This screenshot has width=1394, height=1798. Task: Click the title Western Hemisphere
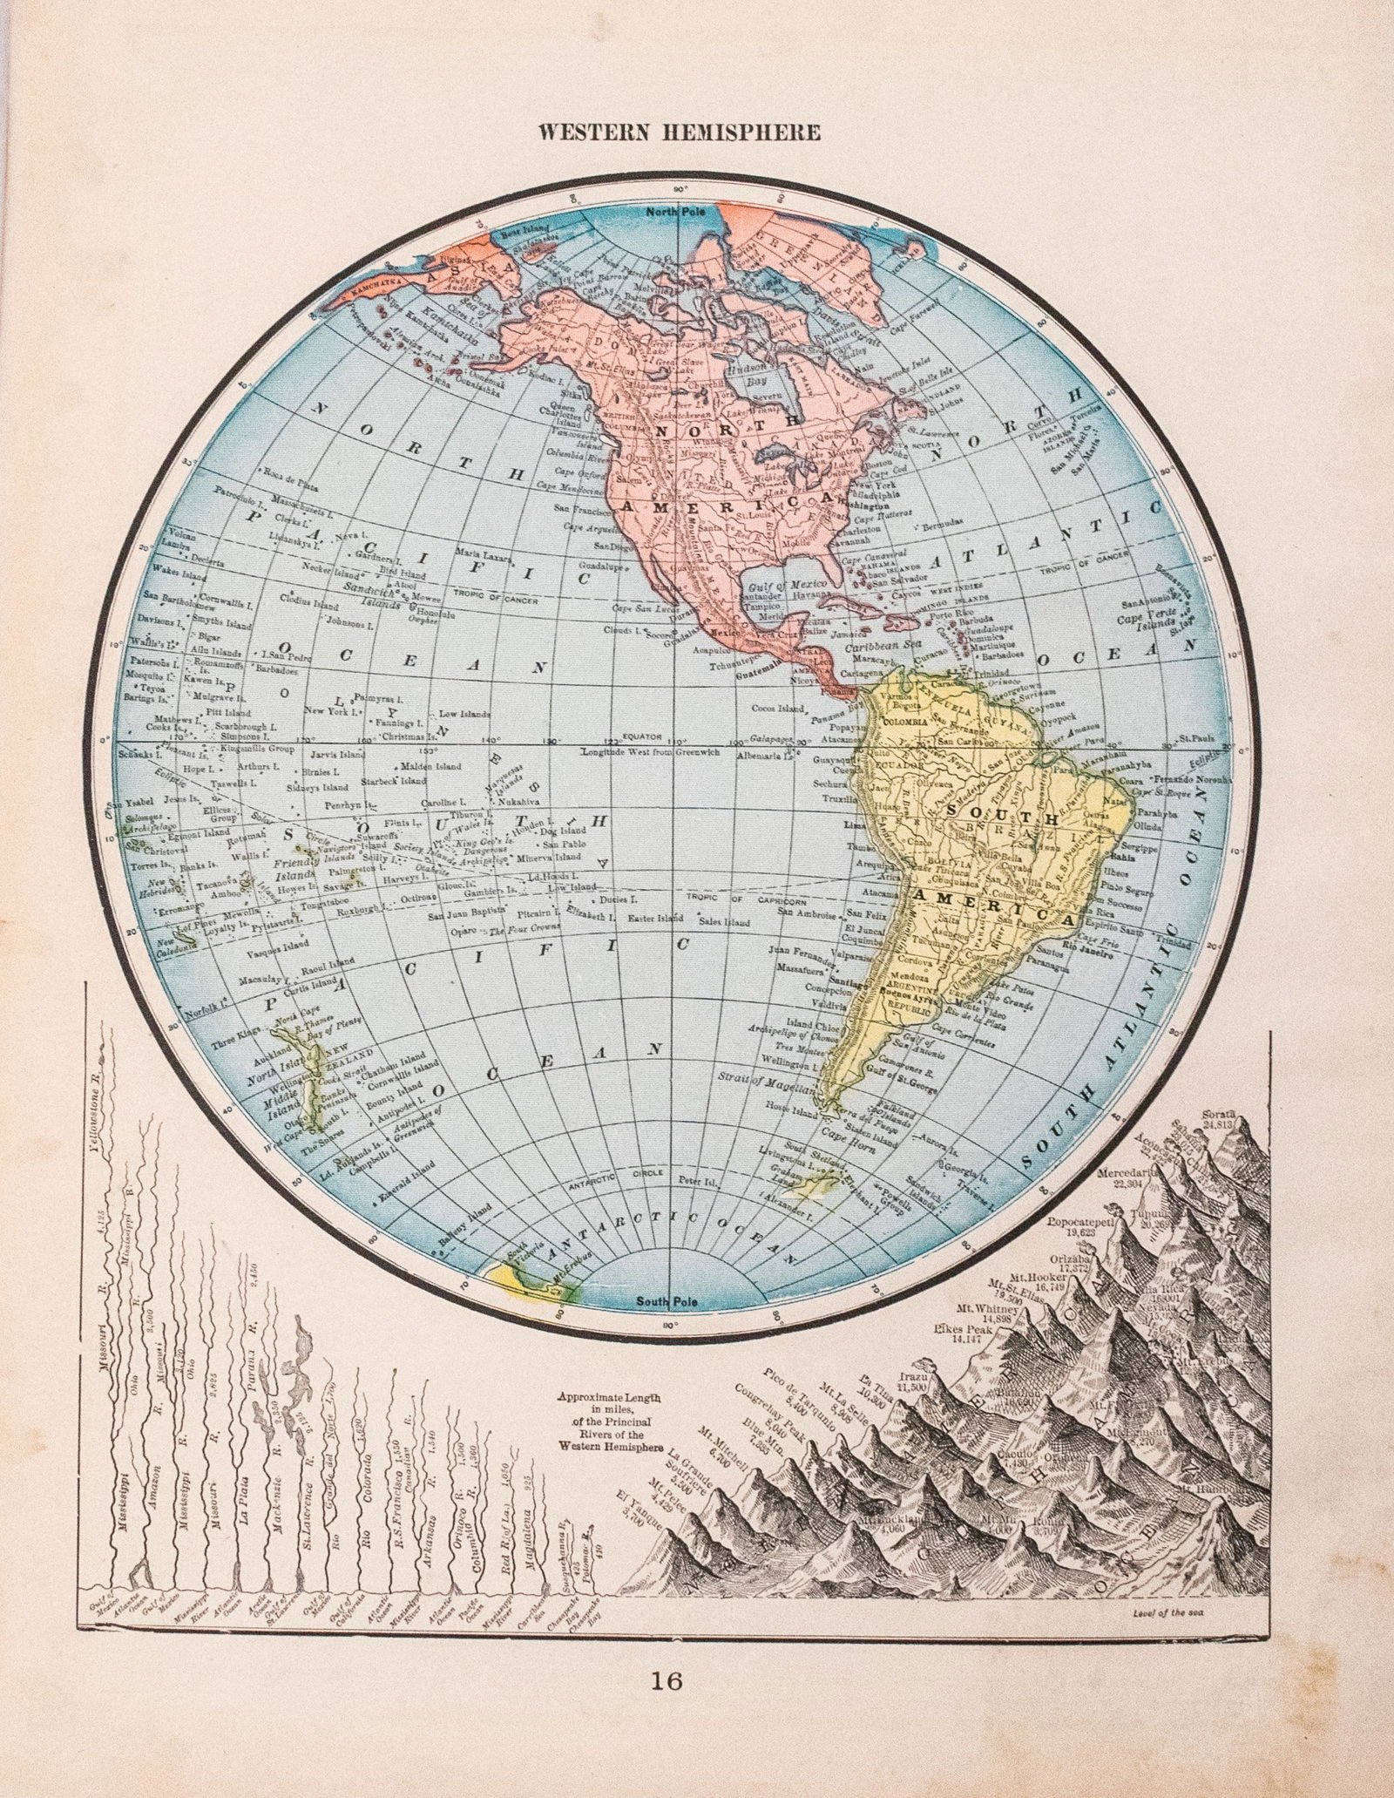click(680, 132)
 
